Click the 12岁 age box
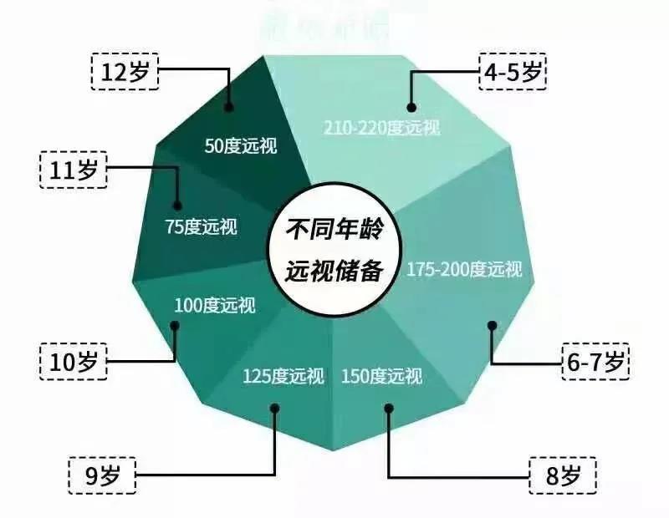coord(125,72)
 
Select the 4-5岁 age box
coord(512,72)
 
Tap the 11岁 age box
coord(73,171)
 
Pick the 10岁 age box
coord(73,362)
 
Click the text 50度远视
coord(241,145)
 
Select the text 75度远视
coord(201,226)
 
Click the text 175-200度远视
coord(464,270)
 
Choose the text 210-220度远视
coord(381,128)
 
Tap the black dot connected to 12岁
coord(230,107)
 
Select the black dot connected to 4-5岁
coord(411,107)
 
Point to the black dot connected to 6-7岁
coord(493,326)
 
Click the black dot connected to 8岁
coord(388,407)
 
